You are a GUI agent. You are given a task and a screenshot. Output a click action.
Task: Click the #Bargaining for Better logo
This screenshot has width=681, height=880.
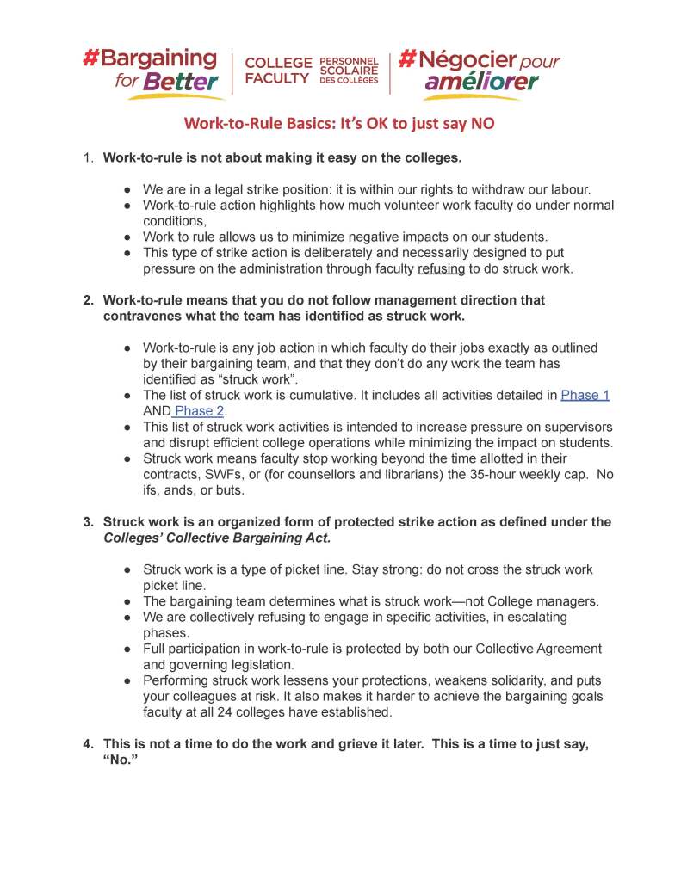pyautogui.click(x=151, y=71)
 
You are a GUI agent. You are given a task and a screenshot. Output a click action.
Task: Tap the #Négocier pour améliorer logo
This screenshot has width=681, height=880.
pyautogui.click(x=480, y=71)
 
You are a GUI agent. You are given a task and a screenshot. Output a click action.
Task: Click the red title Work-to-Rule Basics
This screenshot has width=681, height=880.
pyautogui.click(x=340, y=123)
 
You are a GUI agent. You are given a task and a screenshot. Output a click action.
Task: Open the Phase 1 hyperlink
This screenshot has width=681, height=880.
pyautogui.click(x=585, y=395)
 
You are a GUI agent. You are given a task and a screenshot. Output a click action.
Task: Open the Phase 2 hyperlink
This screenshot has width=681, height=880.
pyautogui.click(x=199, y=411)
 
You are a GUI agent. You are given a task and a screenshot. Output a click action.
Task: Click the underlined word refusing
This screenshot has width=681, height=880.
pyautogui.click(x=441, y=268)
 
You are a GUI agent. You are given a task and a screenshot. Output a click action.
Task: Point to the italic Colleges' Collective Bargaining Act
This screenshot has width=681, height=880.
pyautogui.click(x=217, y=538)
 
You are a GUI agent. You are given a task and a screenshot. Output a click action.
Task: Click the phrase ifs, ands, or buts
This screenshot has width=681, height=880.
pyautogui.click(x=195, y=491)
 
